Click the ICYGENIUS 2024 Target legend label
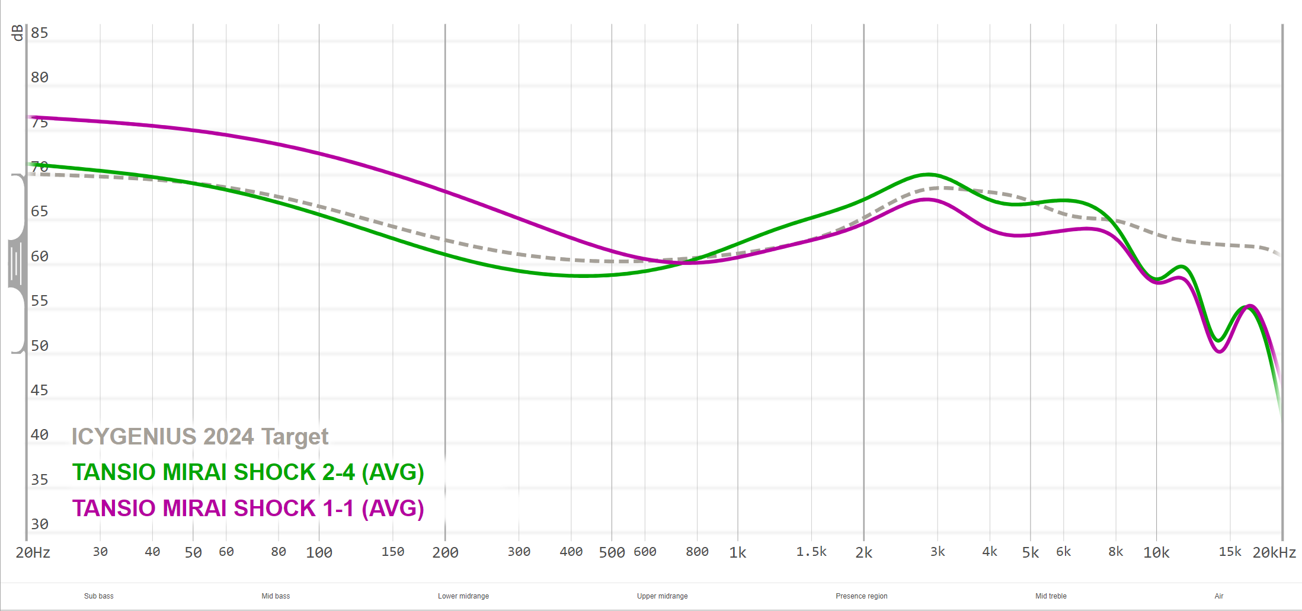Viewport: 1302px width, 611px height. click(200, 437)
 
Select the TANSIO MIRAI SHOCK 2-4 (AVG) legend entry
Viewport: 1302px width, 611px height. click(248, 472)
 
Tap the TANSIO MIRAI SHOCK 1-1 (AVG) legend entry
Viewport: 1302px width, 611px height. click(248, 508)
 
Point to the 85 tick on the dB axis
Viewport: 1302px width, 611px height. click(40, 33)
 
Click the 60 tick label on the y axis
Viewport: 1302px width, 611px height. click(40, 257)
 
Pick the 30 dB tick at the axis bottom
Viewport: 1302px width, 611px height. click(40, 524)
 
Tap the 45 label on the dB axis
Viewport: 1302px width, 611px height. click(40, 391)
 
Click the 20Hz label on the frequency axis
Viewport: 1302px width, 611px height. click(33, 553)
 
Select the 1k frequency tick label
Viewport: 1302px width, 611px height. click(738, 553)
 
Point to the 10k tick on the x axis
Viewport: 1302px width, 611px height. click(1156, 553)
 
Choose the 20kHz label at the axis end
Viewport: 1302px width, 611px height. click(1274, 553)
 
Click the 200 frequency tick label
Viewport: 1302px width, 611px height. click(445, 553)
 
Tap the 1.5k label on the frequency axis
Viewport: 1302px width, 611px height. click(811, 552)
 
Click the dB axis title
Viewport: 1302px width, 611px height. click(18, 33)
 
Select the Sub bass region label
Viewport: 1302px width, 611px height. click(98, 596)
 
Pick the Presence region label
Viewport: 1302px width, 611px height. click(862, 596)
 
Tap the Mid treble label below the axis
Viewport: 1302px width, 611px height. click(1051, 596)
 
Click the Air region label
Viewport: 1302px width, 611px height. click(1219, 596)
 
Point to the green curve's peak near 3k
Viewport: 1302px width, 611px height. click(929, 174)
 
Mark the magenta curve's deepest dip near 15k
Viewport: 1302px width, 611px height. click(1219, 352)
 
